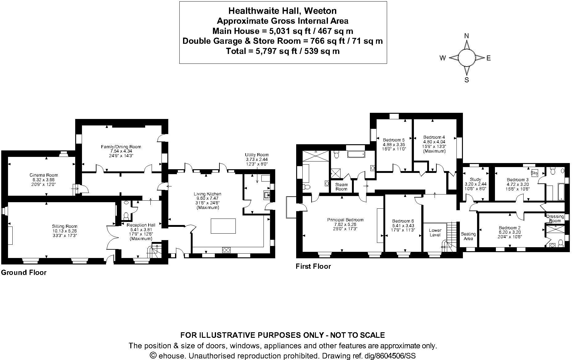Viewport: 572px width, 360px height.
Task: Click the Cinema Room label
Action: coord(46,175)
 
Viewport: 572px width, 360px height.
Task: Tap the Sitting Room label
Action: coord(65,226)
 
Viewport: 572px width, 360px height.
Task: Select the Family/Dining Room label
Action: coord(121,147)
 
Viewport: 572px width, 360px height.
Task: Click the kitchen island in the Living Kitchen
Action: coord(223,226)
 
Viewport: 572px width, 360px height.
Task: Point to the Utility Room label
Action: coord(257,155)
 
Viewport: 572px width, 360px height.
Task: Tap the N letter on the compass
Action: coord(466,36)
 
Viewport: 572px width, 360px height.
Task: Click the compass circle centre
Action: coord(466,58)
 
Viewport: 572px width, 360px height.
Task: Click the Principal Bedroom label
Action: coord(345,220)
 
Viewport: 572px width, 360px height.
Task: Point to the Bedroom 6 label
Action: coord(403,221)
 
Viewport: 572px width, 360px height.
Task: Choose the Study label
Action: coord(475,179)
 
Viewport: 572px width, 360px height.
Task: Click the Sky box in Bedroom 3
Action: coord(534,173)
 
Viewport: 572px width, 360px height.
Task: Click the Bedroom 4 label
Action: coord(434,137)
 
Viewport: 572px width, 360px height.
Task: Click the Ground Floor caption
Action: coord(24,272)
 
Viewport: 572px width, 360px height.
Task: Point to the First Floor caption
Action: coord(313,266)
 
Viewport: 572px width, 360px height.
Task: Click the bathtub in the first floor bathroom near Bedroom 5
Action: coord(356,154)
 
